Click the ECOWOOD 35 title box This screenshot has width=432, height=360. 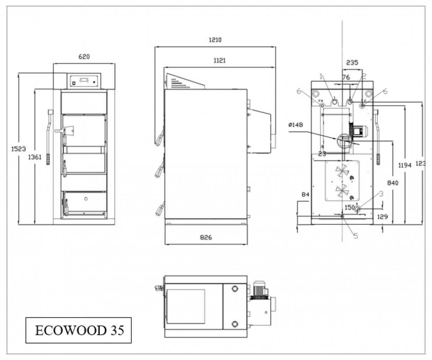tap(79, 330)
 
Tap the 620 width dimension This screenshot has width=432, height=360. tap(84, 56)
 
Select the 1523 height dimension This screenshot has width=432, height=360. tap(19, 149)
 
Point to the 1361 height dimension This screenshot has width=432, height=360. tap(35, 157)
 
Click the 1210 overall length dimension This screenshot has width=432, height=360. tap(215, 40)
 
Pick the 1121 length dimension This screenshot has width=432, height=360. tap(219, 60)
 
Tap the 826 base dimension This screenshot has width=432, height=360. tap(206, 237)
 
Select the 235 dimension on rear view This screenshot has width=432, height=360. tap(352, 63)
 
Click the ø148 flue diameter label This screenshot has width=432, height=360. tap(296, 125)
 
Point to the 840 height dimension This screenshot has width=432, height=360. tap(392, 183)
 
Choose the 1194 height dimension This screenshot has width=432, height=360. tap(405, 165)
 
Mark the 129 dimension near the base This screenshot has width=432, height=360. tap(383, 217)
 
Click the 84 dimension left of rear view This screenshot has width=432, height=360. tap(305, 194)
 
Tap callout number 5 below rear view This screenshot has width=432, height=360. tap(356, 236)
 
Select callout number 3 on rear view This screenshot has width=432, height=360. tap(381, 193)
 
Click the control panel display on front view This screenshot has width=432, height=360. tap(84, 80)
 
